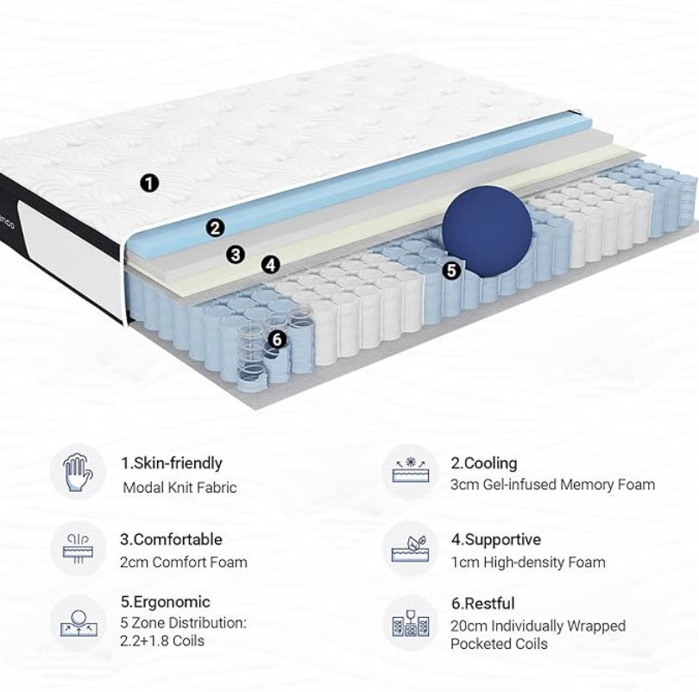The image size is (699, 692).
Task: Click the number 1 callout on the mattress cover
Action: [150, 182]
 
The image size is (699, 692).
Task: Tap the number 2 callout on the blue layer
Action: [216, 228]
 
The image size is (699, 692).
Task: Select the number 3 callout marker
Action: [236, 255]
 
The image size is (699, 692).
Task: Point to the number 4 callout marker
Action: [271, 265]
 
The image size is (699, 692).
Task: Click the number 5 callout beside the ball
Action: [450, 269]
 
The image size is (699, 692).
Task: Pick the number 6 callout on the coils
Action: [276, 339]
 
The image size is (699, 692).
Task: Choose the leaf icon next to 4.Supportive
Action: [411, 549]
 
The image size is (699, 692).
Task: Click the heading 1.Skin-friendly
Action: [171, 463]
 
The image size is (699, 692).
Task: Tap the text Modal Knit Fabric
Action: [179, 488]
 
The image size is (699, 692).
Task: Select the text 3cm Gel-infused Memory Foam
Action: [552, 485]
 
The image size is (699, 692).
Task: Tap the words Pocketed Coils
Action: [498, 644]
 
